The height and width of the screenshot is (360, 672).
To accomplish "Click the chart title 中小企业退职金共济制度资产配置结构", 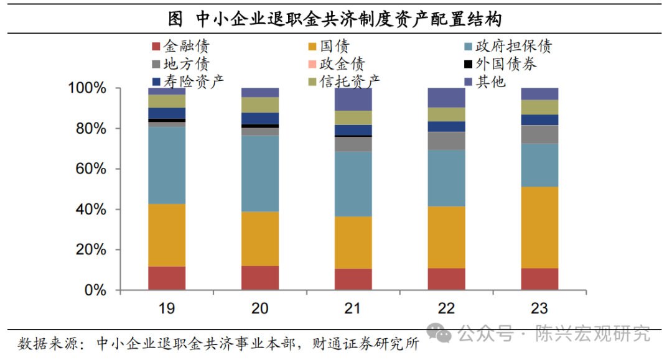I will [348, 18].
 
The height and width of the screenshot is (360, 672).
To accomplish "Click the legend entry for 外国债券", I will [498, 64].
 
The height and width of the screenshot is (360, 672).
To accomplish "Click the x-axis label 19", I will [167, 308].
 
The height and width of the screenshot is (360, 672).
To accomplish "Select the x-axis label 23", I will [539, 308].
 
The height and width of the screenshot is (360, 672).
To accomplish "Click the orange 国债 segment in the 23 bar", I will [539, 228].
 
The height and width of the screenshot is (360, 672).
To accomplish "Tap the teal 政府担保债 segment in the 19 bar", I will [167, 165].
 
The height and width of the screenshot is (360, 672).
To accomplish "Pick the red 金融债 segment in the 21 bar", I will [353, 279].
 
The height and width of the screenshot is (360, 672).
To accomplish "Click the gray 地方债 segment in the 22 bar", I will [446, 141].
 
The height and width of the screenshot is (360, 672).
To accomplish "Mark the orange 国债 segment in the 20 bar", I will [260, 239].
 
